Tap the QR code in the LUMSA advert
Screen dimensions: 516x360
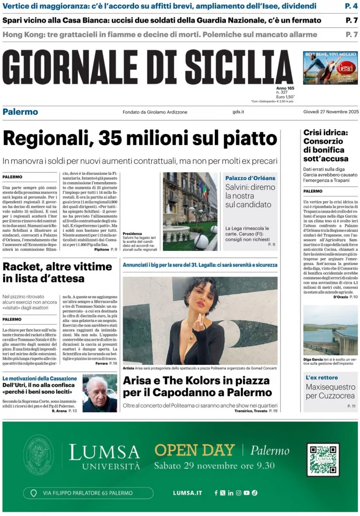coord(323,460)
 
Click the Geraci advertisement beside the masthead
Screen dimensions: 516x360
coord(330,68)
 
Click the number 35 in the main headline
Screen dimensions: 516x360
coord(112,138)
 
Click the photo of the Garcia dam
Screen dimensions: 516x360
coord(330,330)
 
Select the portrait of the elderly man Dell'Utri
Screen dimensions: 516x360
coord(99,393)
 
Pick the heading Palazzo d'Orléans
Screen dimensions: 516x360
coord(250,178)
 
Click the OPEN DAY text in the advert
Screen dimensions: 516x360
coord(195,450)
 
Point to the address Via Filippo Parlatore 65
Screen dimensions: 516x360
coord(88,493)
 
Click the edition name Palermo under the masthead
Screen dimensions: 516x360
coord(20,112)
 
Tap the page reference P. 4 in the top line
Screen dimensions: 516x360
coord(351,6)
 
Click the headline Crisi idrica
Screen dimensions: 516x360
coord(326,133)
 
